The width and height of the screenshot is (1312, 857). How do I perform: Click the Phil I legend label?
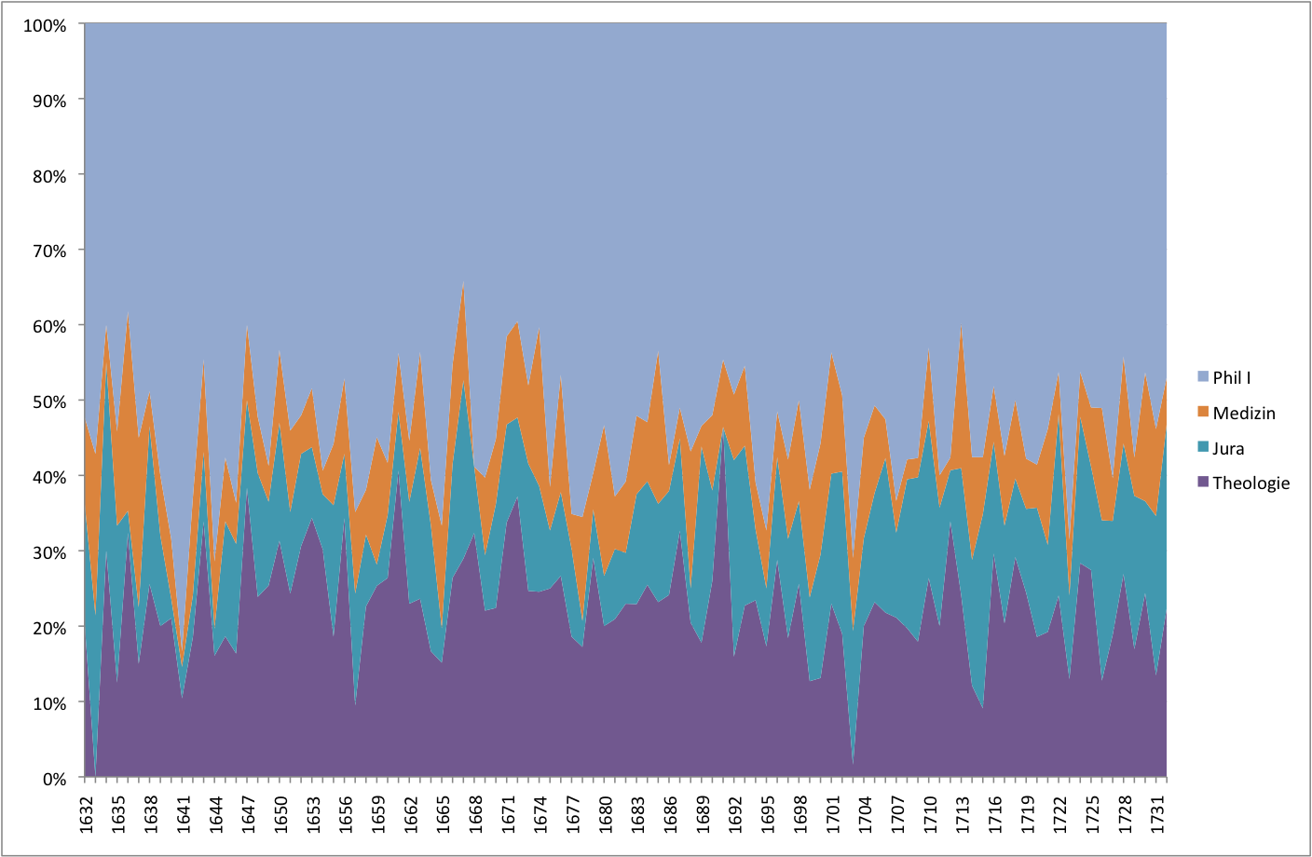(x=1231, y=377)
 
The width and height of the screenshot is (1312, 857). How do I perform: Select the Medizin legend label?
(x=1243, y=413)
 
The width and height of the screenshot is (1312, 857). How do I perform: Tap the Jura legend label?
(x=1228, y=448)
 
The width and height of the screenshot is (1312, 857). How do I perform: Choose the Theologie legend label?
(x=1250, y=483)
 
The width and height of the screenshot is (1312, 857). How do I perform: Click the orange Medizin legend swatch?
(x=1203, y=412)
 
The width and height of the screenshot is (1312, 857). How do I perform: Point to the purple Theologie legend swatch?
(x=1203, y=482)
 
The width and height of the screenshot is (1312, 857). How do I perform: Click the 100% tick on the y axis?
(x=45, y=25)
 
